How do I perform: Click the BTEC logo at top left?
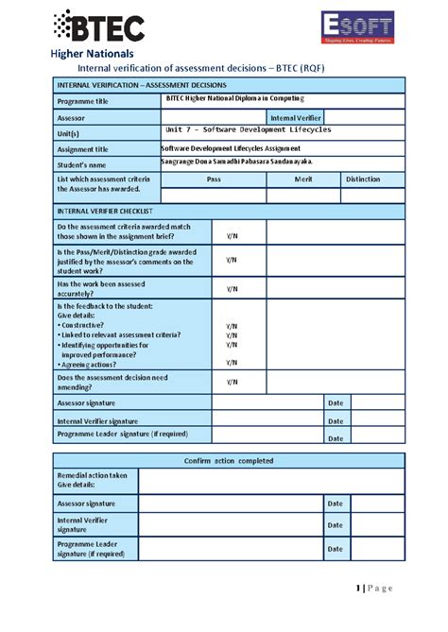[98, 27]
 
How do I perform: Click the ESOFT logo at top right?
[356, 28]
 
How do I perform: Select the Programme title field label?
[83, 101]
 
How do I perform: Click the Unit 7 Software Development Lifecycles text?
[248, 130]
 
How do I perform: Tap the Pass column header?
[214, 179]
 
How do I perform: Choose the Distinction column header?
[363, 179]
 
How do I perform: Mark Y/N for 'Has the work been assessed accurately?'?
[232, 289]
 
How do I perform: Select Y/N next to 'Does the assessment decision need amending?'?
[232, 382]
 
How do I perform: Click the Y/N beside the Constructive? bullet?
[232, 326]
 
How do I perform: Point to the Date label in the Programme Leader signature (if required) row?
[335, 438]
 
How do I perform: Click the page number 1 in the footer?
[359, 589]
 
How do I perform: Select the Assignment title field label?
[83, 149]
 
